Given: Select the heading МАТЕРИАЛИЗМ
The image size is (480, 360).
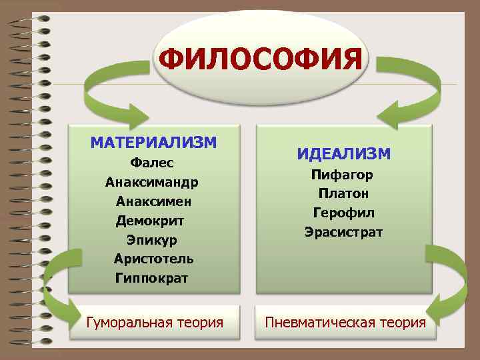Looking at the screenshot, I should coord(153,142).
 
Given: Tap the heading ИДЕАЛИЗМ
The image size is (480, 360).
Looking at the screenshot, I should coord(344,154).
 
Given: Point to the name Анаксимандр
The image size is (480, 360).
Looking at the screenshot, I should coord(151,182).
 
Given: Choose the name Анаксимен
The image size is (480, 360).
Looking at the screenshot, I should coord(154,201).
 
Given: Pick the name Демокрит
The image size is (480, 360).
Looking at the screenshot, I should coord(150,220).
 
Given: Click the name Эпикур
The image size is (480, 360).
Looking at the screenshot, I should coord(152,239).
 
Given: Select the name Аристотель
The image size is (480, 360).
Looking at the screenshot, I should coord(153,258).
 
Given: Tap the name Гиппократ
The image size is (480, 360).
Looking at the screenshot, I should coord(152,277).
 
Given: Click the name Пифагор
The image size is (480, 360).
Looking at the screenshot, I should coord(343,175).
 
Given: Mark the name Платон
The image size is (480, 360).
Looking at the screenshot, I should coord(343,194).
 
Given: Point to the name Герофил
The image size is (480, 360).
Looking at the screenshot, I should coord(343,213).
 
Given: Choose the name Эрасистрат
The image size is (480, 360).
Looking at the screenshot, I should coord(343,233).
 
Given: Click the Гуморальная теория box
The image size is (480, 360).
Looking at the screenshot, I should coord(155,323).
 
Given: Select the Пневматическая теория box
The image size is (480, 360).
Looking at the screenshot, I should coord(345,323).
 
